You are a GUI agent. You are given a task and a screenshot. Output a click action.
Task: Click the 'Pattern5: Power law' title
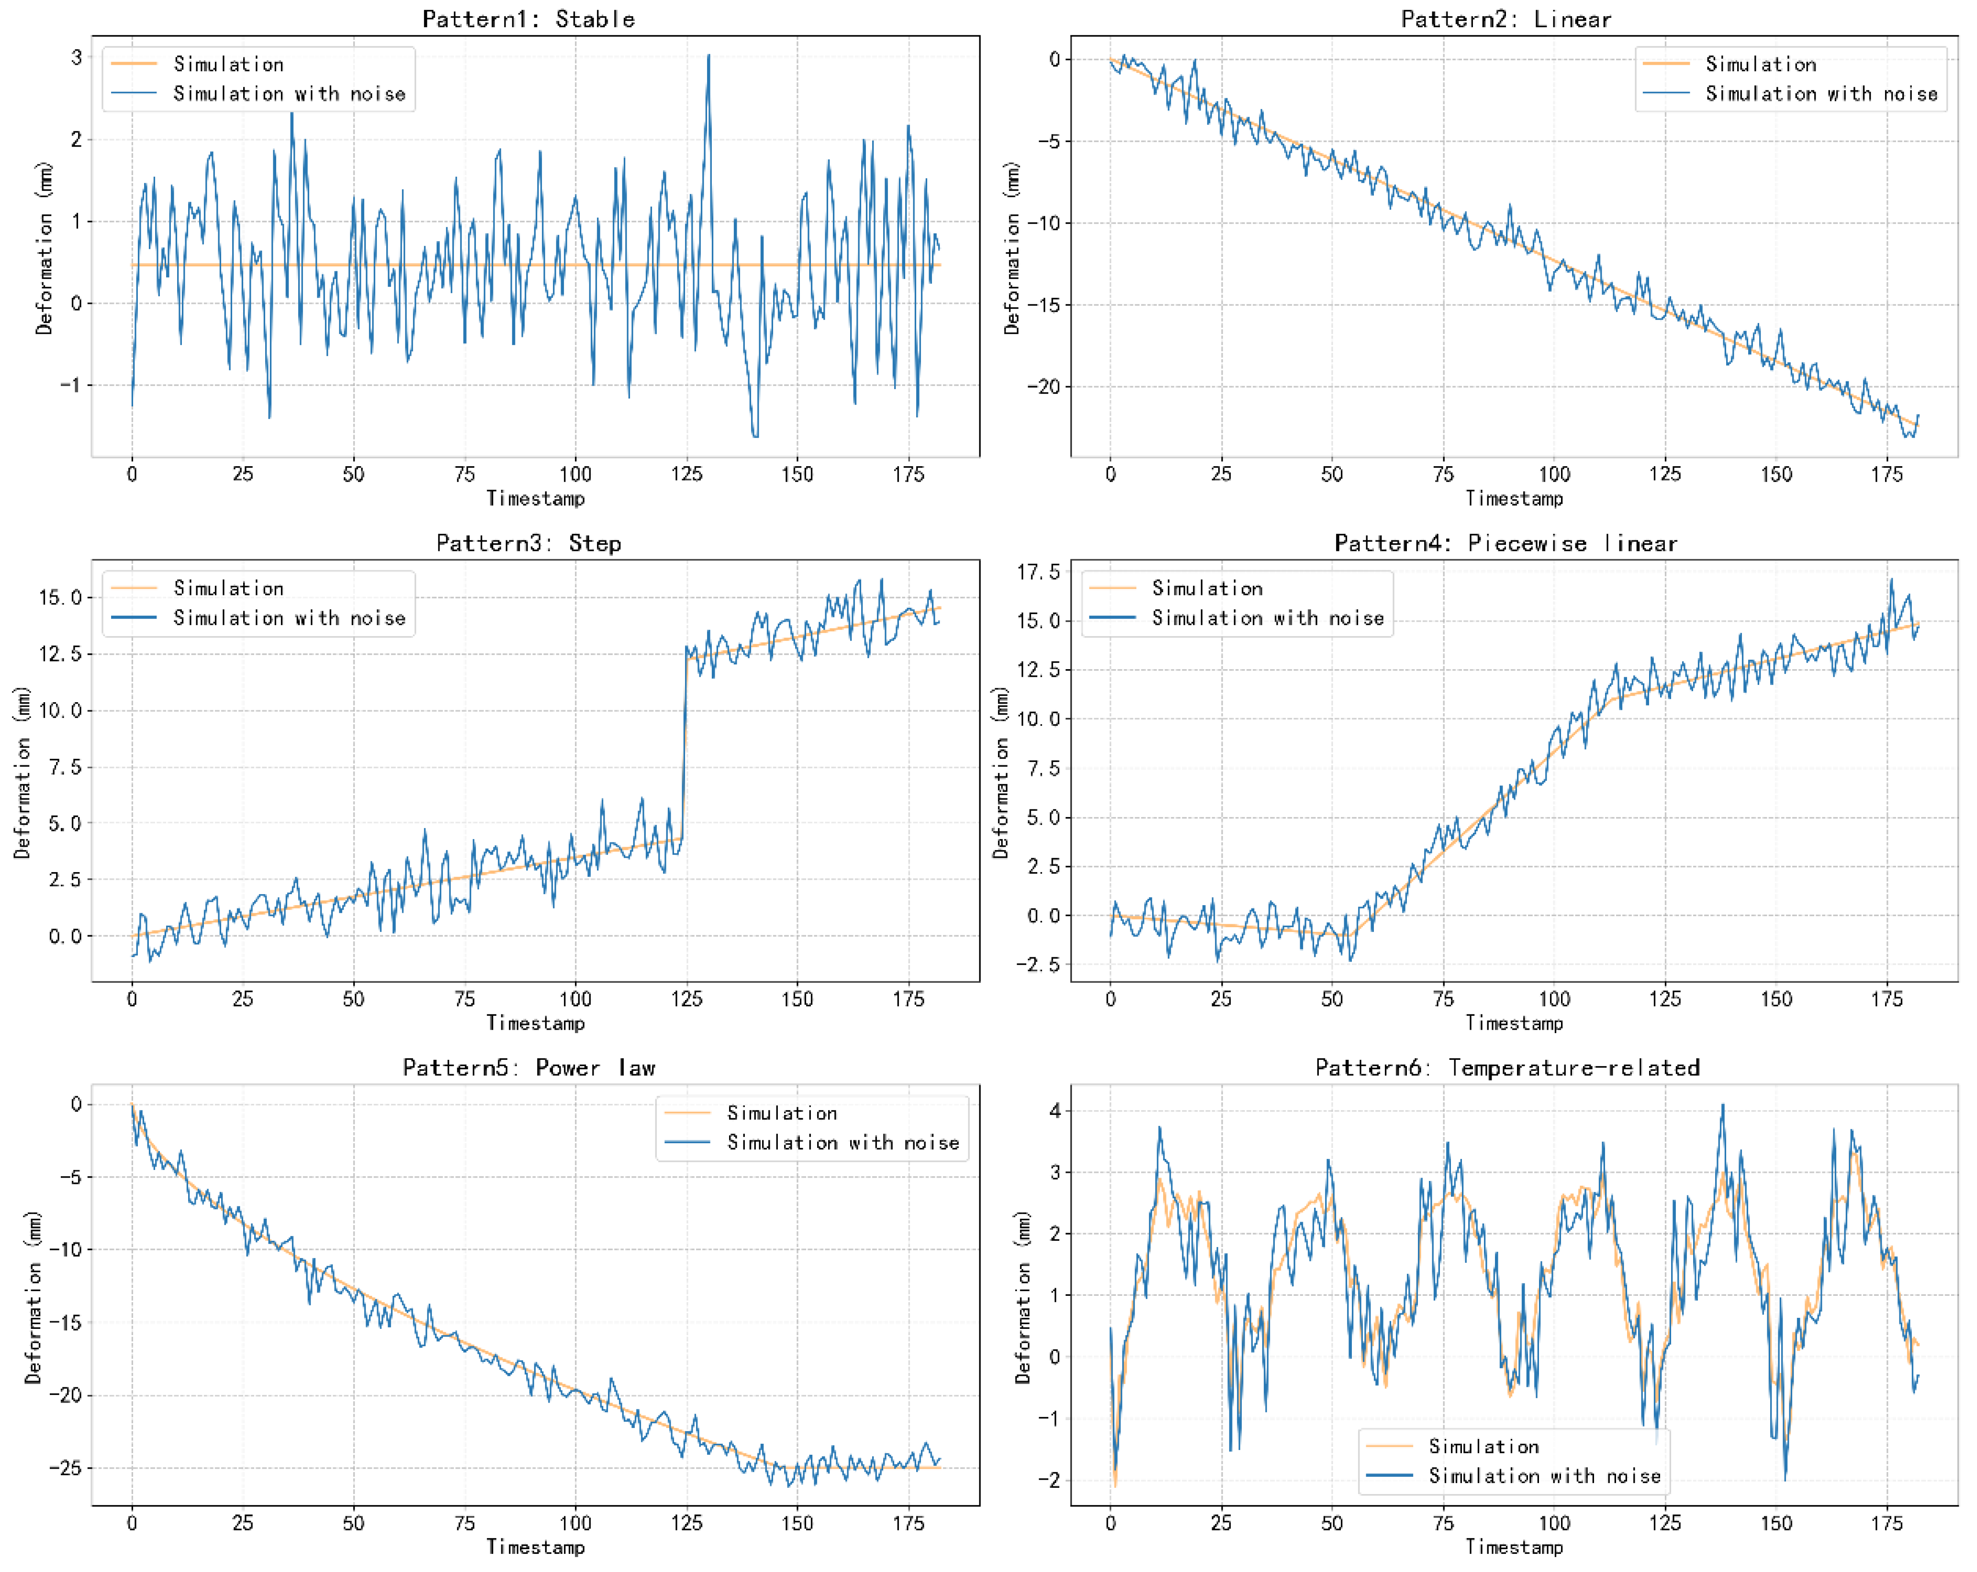click(x=528, y=1067)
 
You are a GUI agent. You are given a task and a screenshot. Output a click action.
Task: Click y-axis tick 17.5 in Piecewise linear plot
click(x=1038, y=573)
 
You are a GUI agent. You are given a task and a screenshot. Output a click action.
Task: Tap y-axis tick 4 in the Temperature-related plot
click(x=1056, y=1111)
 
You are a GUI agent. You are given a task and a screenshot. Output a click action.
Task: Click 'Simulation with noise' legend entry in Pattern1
click(x=289, y=93)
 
